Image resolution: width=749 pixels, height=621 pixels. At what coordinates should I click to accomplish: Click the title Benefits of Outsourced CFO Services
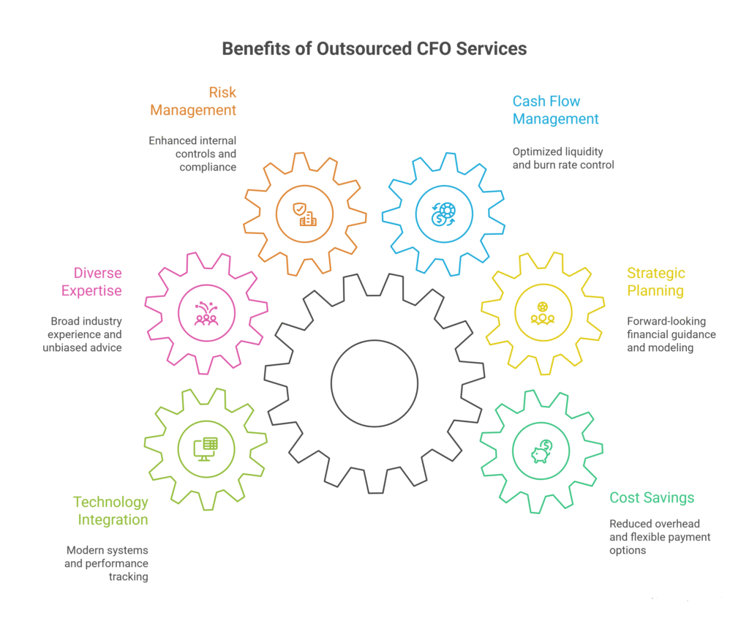(374, 49)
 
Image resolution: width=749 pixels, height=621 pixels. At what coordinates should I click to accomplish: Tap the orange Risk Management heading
(193, 102)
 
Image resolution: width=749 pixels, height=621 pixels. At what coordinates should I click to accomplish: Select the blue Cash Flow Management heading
(555, 110)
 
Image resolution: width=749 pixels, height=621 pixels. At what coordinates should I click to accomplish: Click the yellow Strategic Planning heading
(655, 282)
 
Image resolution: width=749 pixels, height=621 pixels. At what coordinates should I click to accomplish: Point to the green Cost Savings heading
(651, 497)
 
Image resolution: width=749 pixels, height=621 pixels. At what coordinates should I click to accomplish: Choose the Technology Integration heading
(110, 511)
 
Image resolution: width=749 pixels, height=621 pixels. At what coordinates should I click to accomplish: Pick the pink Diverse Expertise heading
(97, 282)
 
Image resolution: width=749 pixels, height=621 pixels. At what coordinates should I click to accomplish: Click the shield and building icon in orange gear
(304, 214)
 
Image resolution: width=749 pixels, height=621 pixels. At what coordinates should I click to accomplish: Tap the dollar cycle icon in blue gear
(444, 214)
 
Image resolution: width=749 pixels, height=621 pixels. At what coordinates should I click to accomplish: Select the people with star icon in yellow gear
(543, 312)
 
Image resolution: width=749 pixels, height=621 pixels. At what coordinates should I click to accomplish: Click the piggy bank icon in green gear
(541, 451)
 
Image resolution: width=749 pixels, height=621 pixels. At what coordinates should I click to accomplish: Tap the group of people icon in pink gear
(206, 313)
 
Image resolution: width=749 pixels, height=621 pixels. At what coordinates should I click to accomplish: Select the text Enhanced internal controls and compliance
(192, 154)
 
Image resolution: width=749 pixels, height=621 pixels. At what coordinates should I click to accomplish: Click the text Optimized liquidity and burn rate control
(563, 158)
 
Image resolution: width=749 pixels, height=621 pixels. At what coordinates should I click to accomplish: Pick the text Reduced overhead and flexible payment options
(660, 536)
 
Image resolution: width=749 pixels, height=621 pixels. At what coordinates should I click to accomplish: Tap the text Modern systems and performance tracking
(107, 563)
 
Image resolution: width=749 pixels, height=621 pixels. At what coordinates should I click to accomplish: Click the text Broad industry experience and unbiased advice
(86, 334)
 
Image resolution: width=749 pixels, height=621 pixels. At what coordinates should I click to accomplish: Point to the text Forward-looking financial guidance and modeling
(671, 334)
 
